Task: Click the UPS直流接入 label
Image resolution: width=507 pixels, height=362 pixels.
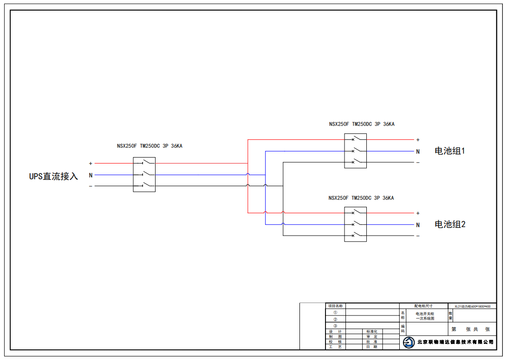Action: pos(54,177)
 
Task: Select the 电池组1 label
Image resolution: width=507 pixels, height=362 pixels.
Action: pos(450,151)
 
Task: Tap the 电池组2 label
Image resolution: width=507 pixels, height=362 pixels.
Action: pos(450,224)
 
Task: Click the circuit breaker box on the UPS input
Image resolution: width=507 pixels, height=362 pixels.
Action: pos(144,174)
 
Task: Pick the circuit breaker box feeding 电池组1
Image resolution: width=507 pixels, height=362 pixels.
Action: pos(355,151)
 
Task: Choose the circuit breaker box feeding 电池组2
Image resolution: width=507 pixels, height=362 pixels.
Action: pos(355,224)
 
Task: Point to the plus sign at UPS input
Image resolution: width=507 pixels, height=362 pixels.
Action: pos(91,164)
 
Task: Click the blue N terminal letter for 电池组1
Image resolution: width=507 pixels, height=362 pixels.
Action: pos(418,151)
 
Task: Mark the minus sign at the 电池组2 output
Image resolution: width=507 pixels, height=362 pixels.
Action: pos(418,236)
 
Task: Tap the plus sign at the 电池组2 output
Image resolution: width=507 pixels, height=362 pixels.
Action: pos(418,213)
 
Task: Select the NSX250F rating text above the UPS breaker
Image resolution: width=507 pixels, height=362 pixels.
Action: pos(149,146)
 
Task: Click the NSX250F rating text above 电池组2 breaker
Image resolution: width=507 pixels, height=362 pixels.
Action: pos(361,198)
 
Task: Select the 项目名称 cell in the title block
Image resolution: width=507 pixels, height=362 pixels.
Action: pos(335,306)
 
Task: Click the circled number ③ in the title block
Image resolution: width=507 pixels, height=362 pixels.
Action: pos(335,326)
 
